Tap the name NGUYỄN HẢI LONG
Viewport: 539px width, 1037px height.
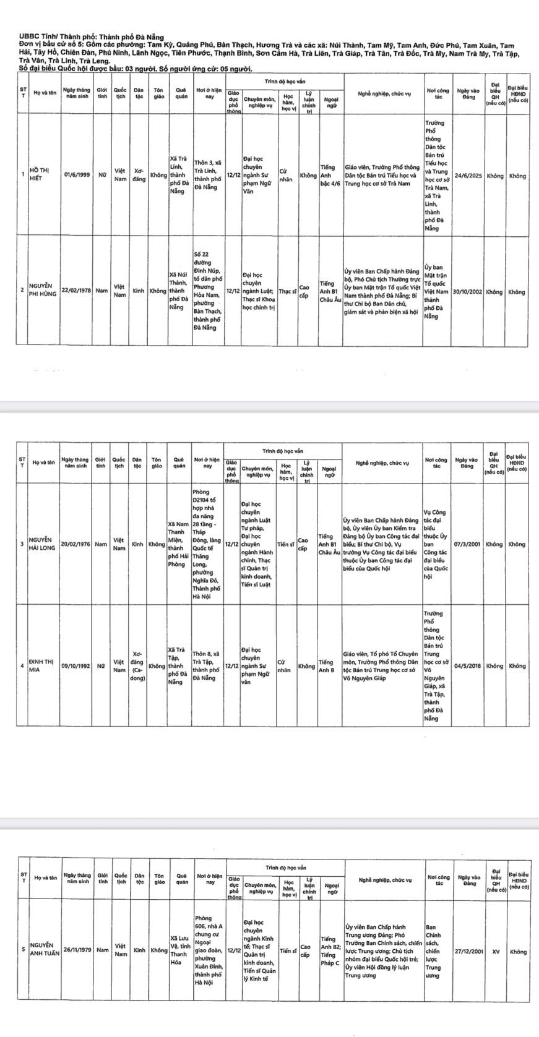(41, 545)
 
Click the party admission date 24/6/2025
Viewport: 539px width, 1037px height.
(468, 176)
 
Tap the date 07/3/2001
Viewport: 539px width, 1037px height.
(468, 545)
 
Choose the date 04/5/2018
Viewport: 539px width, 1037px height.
(468, 666)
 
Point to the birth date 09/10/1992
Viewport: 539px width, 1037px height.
(76, 666)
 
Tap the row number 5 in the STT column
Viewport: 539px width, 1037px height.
(24, 950)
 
